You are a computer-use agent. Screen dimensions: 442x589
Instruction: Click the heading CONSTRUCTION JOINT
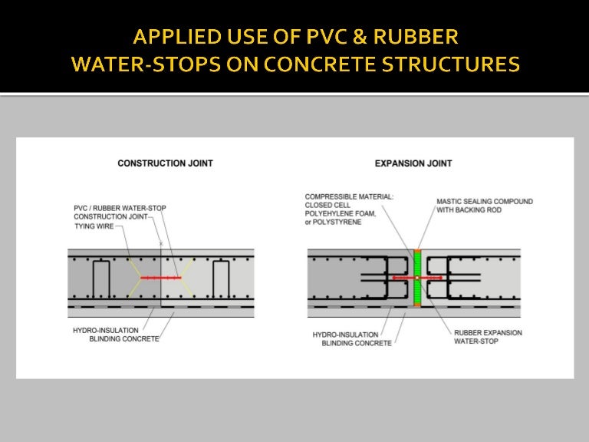[x=165, y=163]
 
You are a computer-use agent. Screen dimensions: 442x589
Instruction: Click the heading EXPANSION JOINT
[x=413, y=163]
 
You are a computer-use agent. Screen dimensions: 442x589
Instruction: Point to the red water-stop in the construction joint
[x=162, y=278]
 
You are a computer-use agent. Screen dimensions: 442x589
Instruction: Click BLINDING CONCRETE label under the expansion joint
[x=354, y=342]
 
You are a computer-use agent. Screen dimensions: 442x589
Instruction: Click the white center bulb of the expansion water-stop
[x=417, y=278]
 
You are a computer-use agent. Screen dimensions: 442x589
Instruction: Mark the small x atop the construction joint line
[x=161, y=243]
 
